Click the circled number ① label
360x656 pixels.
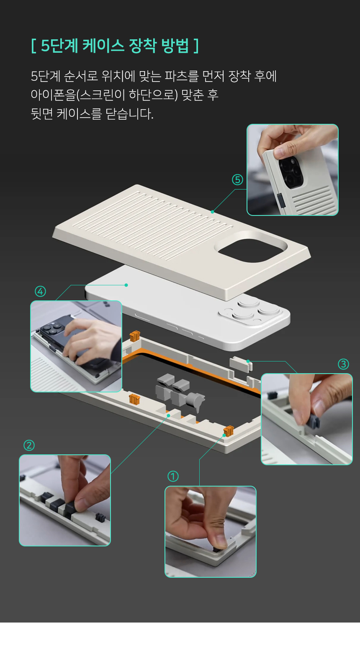pyautogui.click(x=173, y=477)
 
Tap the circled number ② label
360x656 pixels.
pyautogui.click(x=29, y=446)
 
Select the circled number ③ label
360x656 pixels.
pyautogui.click(x=343, y=364)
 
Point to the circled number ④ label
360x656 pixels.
pyautogui.click(x=41, y=291)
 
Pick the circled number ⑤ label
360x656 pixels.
pyautogui.click(x=238, y=179)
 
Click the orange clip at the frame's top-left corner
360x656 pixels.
pyautogui.click(x=135, y=336)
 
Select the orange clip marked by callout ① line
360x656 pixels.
pyautogui.click(x=229, y=431)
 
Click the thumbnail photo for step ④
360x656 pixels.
pyautogui.click(x=76, y=346)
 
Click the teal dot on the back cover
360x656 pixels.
pyautogui.click(x=212, y=212)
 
